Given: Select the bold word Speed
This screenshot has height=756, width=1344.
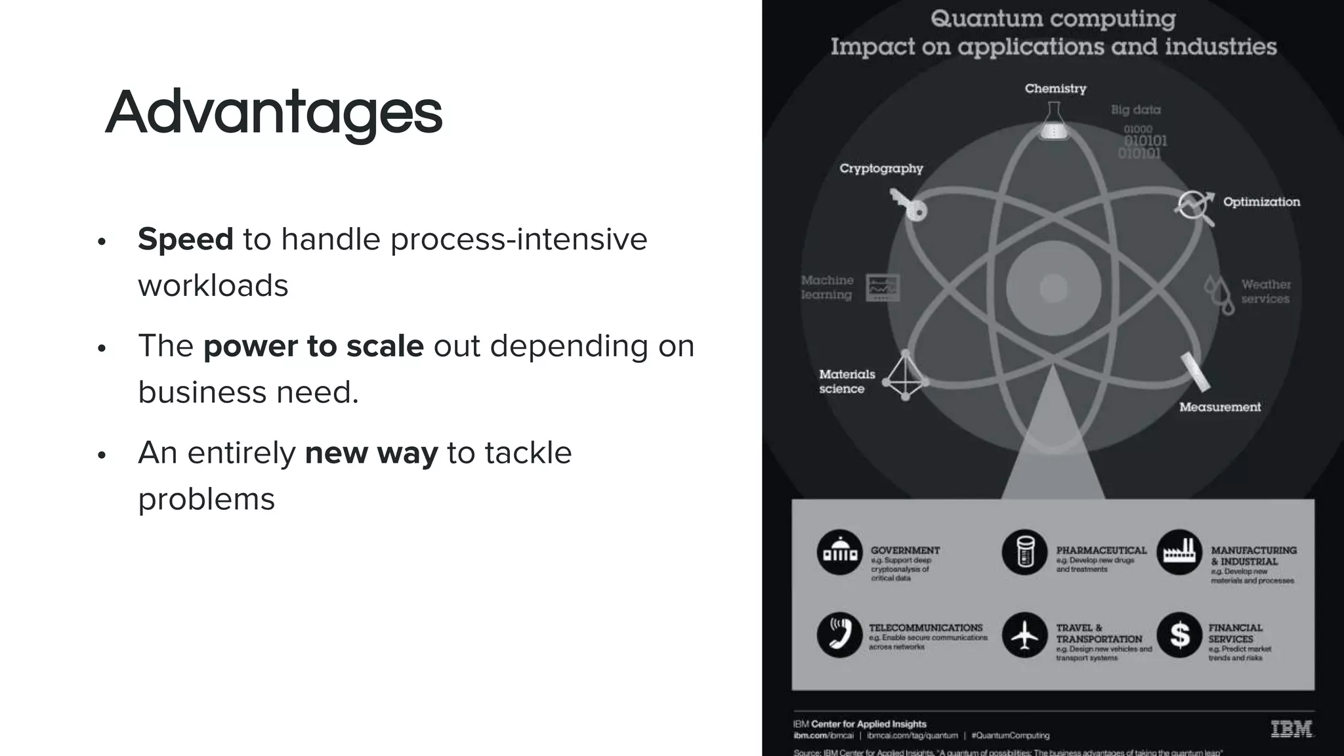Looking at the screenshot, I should coord(186,239).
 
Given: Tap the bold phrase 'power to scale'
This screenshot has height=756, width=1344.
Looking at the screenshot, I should coord(314,346).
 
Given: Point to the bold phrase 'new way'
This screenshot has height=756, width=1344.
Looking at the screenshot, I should coord(371,453).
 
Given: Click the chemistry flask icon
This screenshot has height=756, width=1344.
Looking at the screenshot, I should coord(1054,122).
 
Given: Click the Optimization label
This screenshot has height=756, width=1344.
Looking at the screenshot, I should coord(1261,202).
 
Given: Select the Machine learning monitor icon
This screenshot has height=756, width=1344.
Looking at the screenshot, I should coord(883,287).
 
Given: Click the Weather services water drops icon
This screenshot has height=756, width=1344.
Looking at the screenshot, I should coord(1219,293).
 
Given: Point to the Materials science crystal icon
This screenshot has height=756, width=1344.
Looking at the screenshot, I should coord(906,376).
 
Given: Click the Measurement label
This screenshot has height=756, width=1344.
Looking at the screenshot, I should coord(1220,407).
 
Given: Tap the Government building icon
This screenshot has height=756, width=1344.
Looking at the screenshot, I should coord(840,553).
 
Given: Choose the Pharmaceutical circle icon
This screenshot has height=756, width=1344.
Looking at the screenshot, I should coord(1024,553).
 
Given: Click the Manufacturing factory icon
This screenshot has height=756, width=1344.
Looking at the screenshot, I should coord(1179,553).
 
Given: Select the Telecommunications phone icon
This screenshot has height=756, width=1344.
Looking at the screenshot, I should coord(840,635).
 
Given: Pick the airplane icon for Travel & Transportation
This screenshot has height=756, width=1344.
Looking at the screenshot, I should coord(1024,635).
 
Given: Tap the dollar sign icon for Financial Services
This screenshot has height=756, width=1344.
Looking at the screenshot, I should coord(1179,635).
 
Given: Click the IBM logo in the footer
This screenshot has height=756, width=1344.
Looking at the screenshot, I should coord(1291,729).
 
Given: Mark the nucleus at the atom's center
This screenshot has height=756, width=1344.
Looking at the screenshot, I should coord(1053,287).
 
